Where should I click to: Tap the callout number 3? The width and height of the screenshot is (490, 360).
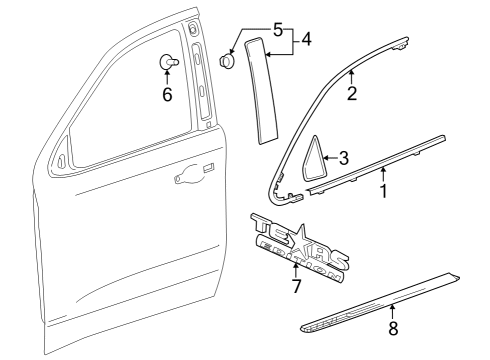[343, 157]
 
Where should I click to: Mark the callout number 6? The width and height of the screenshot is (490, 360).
[167, 95]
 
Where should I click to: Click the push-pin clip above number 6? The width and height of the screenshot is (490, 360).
[166, 63]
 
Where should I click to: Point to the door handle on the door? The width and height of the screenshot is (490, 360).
[188, 177]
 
